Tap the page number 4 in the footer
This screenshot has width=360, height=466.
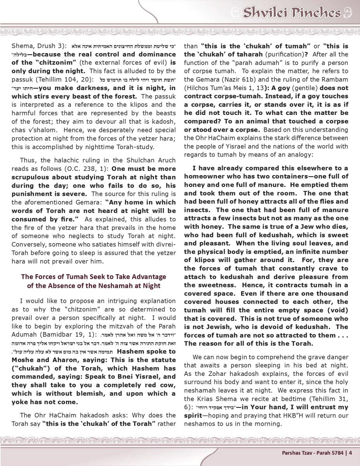(x=350, y=452)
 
